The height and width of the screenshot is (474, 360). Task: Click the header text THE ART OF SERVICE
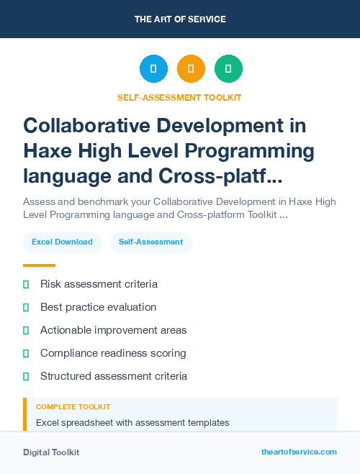180,19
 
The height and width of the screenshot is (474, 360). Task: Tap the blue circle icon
153,69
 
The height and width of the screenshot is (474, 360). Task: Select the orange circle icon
191,69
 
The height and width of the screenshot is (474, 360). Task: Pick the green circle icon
228,69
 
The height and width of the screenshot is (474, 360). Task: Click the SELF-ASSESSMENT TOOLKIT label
179,97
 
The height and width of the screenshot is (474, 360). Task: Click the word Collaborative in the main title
90,126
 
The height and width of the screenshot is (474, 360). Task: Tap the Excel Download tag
62,242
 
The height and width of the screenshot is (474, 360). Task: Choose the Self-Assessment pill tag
150,242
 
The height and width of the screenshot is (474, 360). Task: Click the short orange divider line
39,265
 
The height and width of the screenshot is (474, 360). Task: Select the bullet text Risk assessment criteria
99,284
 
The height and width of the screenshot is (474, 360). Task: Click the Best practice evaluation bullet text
98,307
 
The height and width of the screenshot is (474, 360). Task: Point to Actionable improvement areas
113,330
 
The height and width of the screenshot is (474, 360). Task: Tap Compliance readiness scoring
113,353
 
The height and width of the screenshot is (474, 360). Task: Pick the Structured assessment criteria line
114,376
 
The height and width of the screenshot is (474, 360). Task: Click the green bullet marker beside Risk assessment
26,284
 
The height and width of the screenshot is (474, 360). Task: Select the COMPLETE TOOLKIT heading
73,407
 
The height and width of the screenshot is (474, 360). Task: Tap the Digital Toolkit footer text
51,452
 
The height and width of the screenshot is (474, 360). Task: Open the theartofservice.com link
299,452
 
